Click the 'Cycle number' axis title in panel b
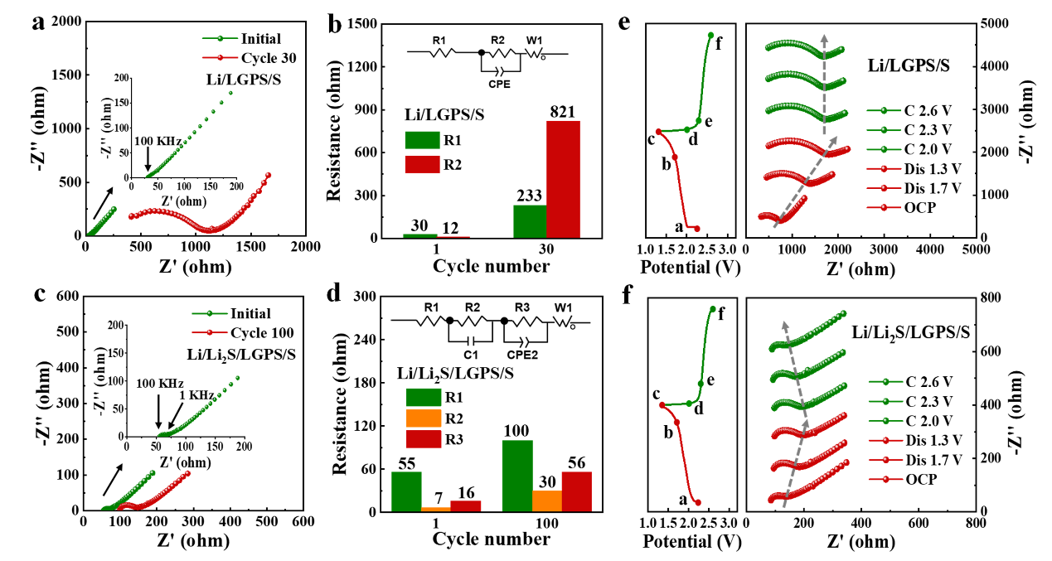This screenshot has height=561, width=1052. click(491, 266)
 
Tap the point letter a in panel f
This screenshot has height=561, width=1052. click(683, 501)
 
